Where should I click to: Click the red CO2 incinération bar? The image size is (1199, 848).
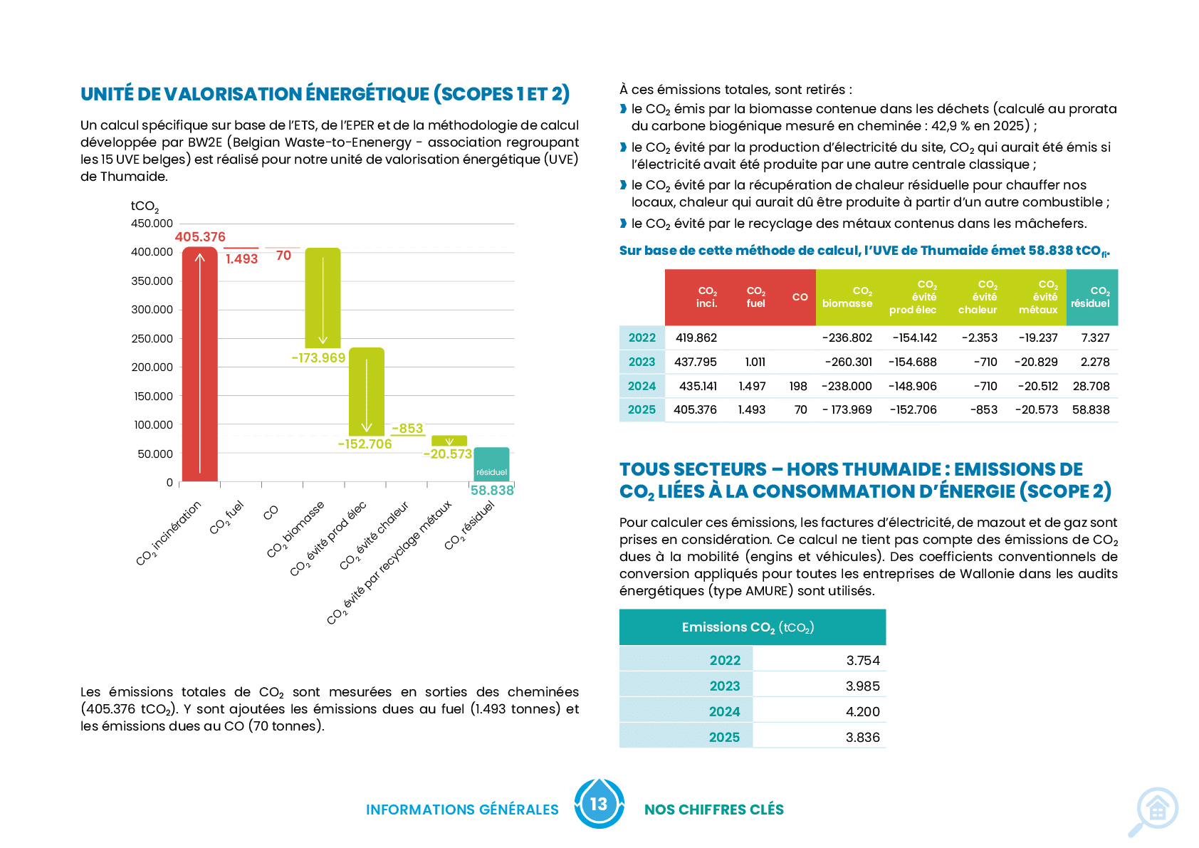point(199,364)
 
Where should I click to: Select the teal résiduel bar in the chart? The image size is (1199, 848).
point(491,464)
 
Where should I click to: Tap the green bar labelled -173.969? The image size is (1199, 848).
point(323,298)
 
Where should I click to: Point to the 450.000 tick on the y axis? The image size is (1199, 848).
point(152,224)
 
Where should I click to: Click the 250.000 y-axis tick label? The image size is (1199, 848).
point(152,338)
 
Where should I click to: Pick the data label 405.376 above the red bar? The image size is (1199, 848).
point(200,236)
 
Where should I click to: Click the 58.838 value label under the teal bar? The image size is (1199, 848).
point(492,491)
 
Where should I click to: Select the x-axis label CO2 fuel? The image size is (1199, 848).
point(226,518)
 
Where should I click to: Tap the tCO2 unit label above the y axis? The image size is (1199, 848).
point(145,206)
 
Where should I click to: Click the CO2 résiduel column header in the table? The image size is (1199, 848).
point(1091,298)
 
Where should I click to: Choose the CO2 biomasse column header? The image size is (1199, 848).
point(847,298)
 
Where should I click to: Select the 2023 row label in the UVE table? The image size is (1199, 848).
point(642,362)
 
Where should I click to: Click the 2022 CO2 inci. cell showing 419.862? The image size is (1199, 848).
point(696,337)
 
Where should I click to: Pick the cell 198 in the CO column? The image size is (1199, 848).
point(798,386)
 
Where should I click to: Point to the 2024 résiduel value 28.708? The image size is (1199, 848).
point(1091,386)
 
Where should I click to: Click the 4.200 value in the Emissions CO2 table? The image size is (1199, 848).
point(863,711)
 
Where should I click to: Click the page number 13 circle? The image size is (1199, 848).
point(599,804)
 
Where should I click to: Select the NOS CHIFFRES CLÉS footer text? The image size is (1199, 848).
point(714,810)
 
